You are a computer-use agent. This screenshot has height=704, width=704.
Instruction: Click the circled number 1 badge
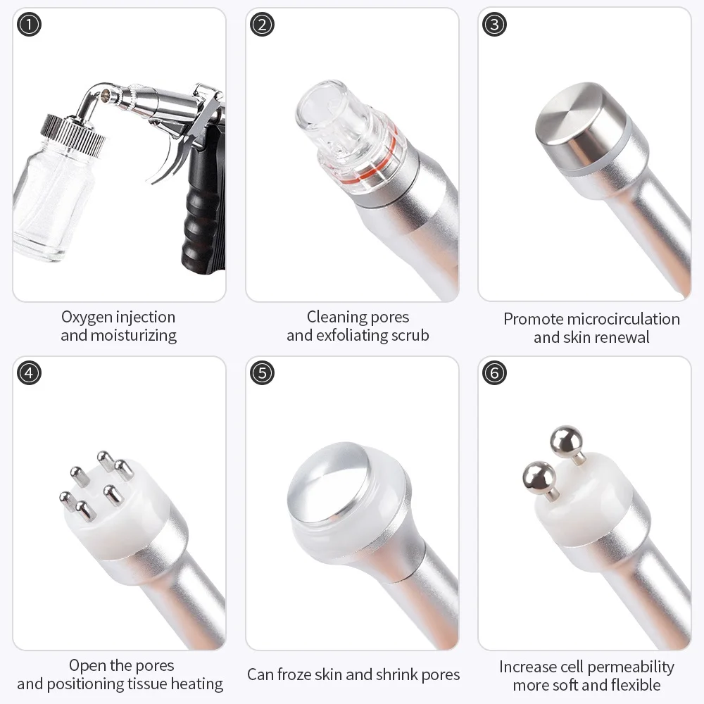coord(29,25)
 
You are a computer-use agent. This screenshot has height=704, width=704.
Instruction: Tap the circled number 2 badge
coord(261,25)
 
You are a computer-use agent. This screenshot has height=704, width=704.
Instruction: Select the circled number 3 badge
coord(494,25)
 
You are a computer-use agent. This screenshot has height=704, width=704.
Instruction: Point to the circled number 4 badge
coord(29,372)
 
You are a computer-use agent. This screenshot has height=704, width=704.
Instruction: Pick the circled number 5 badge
coord(261,372)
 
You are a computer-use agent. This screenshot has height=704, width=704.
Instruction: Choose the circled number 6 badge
coord(494,372)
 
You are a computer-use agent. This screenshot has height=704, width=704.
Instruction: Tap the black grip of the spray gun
coord(201,211)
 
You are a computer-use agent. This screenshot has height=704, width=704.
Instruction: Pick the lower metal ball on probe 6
coord(539,477)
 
